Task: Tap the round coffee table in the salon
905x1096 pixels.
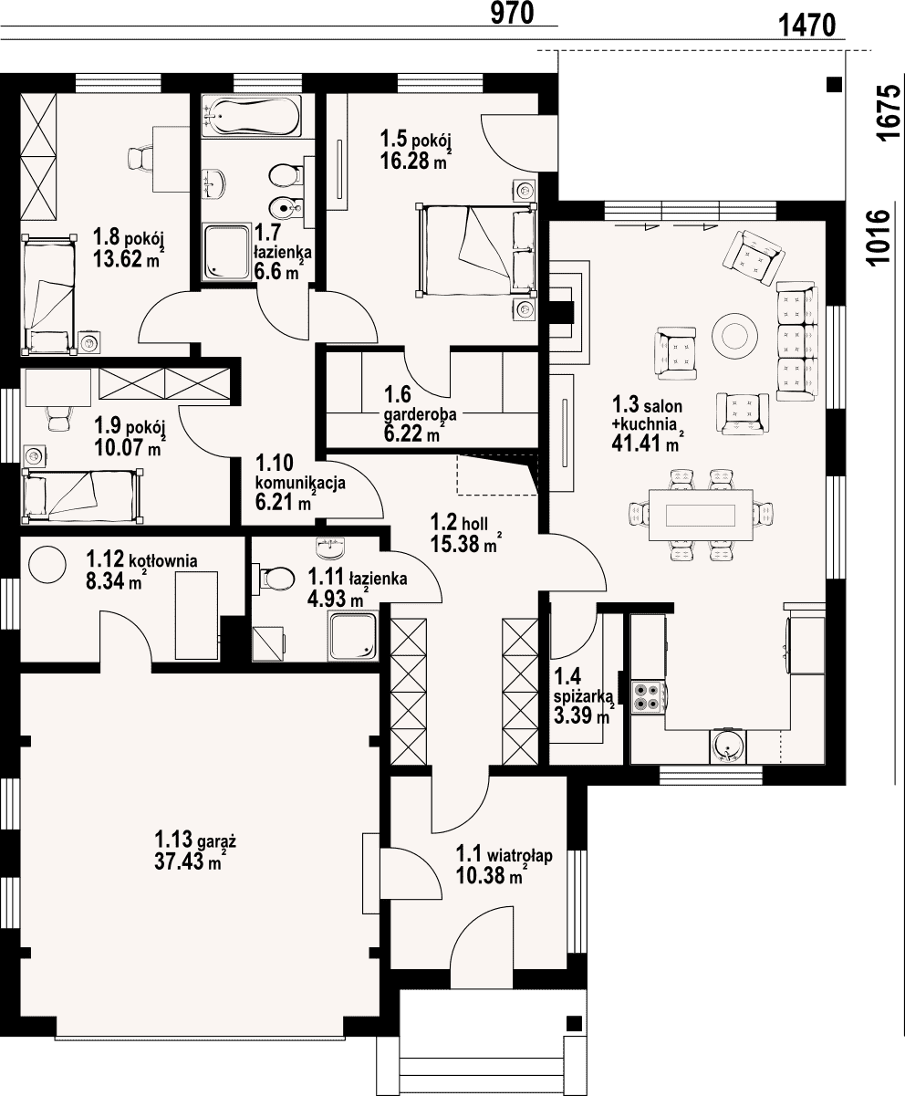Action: pyautogui.click(x=734, y=336)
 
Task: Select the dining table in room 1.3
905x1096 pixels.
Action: pyautogui.click(x=701, y=515)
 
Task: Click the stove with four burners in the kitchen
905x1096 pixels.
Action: pyautogui.click(x=648, y=696)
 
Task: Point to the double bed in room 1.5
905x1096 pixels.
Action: pyautogui.click(x=476, y=250)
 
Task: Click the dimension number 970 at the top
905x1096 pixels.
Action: pyautogui.click(x=512, y=13)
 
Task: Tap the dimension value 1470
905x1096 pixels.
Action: pyautogui.click(x=806, y=25)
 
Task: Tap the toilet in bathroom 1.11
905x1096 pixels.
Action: pyautogui.click(x=274, y=579)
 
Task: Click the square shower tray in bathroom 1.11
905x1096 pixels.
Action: pyautogui.click(x=353, y=635)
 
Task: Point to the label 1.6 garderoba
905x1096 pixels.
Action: pyautogui.click(x=420, y=403)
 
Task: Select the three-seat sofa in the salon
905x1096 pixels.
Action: pyautogui.click(x=796, y=341)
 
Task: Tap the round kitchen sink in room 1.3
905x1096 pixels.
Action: pyautogui.click(x=727, y=746)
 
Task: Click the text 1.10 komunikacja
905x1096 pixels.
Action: pyautogui.click(x=300, y=473)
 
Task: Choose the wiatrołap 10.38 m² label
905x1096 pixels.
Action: pyautogui.click(x=504, y=864)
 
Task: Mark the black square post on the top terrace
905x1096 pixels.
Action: pyautogui.click(x=834, y=84)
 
